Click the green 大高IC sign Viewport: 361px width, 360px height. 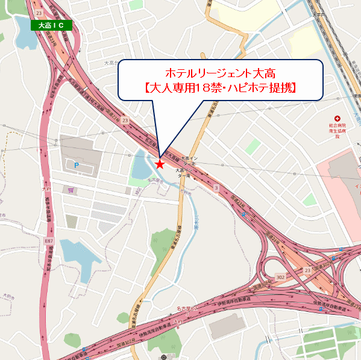click(51, 25)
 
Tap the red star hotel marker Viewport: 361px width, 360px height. click(160, 163)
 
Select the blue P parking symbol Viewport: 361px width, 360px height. click(76, 165)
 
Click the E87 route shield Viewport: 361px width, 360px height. click(48, 240)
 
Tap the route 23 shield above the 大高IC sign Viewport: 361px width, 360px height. click(39, 12)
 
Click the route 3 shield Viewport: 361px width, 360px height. click(215, 188)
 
